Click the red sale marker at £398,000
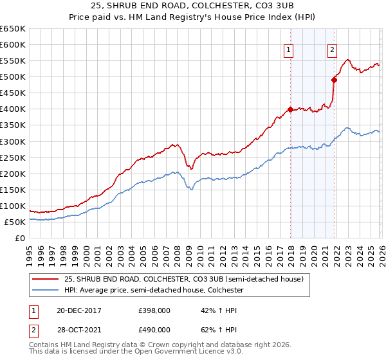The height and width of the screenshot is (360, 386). click(x=290, y=109)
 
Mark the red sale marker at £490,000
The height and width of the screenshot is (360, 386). click(x=334, y=80)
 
